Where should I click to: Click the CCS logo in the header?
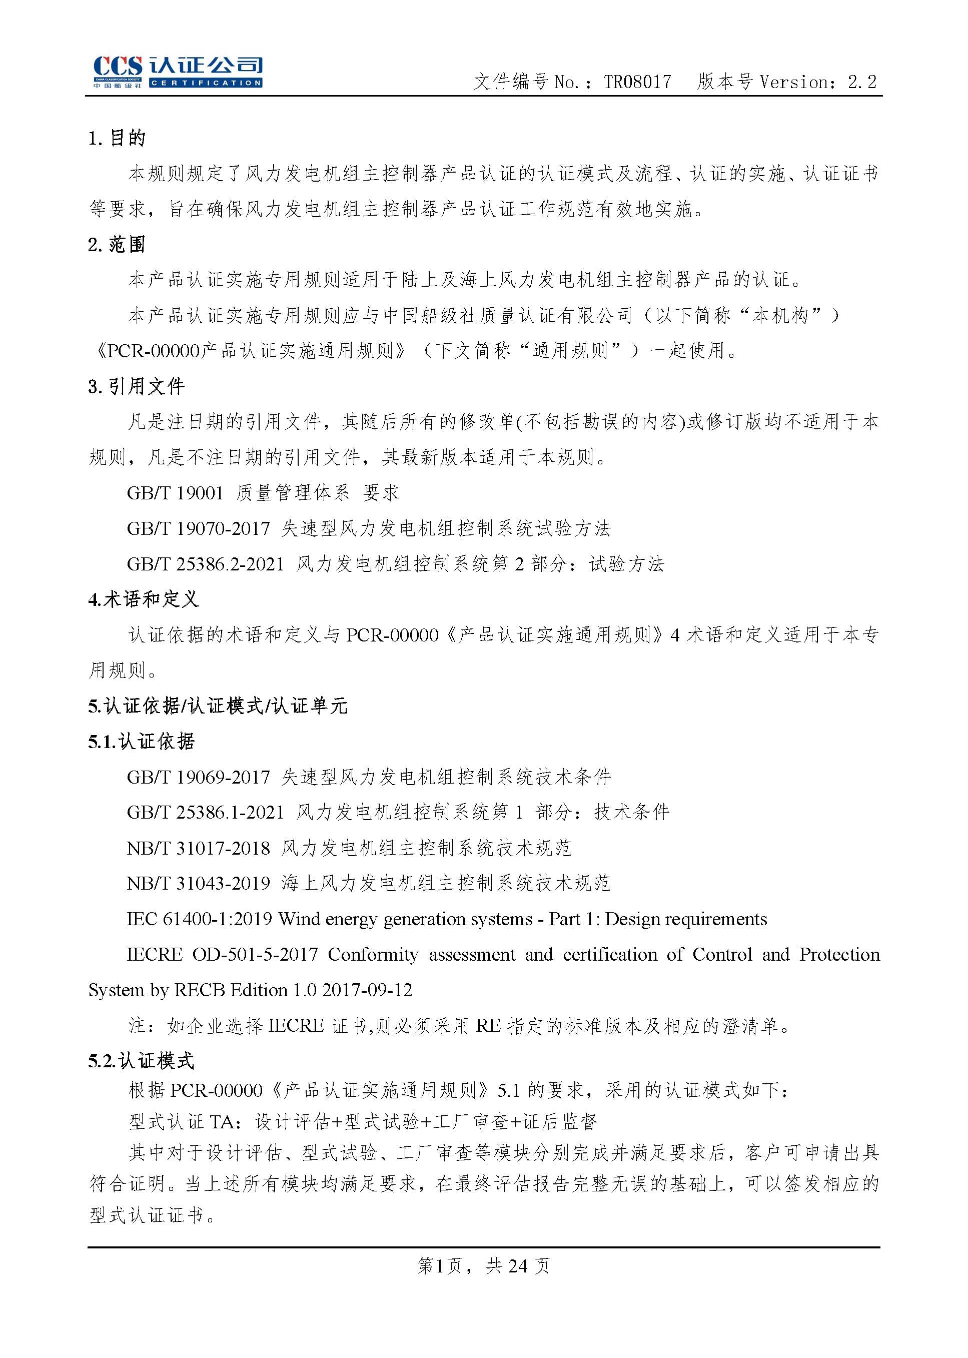click(x=177, y=72)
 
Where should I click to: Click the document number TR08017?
click(x=637, y=82)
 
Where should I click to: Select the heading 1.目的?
click(x=117, y=138)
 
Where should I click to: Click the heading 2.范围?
click(x=117, y=244)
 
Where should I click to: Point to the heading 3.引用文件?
click(x=137, y=386)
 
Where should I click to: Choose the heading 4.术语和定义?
click(x=144, y=599)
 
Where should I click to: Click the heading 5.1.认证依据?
click(x=141, y=741)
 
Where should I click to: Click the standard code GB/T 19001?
click(x=175, y=493)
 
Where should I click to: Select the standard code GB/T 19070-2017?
click(x=199, y=528)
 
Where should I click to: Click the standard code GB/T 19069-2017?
click(x=199, y=777)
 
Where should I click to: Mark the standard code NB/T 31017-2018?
click(x=199, y=848)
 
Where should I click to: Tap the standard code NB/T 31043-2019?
click(x=199, y=883)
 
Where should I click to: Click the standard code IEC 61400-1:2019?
click(x=199, y=919)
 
